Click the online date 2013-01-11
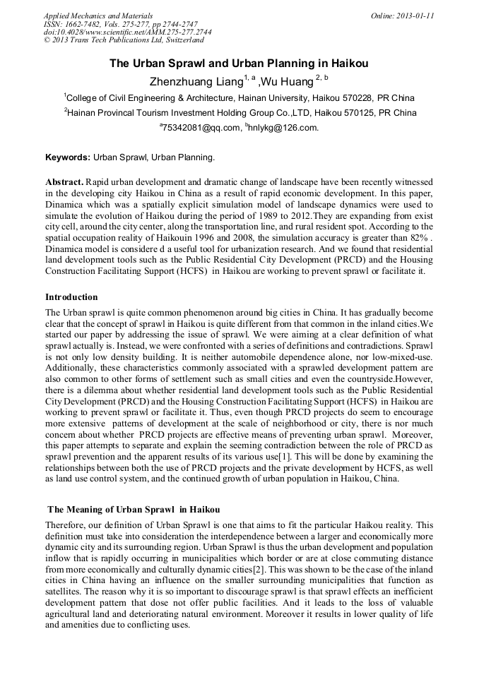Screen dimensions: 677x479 (414, 15)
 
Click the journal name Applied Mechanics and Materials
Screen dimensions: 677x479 (97, 15)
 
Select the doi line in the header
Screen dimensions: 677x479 (127, 32)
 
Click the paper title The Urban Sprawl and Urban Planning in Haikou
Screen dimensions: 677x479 (239, 64)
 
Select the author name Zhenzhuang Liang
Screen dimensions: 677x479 (196, 81)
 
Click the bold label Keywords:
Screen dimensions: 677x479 (68, 157)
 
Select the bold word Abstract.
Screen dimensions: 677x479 (64, 181)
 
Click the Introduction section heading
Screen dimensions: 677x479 (71, 296)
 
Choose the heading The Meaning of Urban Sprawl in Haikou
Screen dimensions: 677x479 (134, 509)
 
